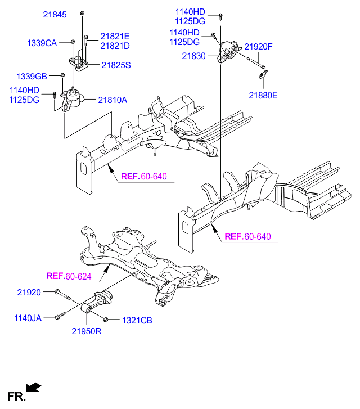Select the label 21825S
115,65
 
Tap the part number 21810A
112,100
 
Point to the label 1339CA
42,42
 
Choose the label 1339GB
31,76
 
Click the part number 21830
194,56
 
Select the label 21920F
258,47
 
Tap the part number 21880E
263,95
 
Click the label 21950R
85,331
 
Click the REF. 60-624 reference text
68,276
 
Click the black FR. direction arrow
34,386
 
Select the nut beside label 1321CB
107,320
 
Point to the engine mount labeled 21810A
73,101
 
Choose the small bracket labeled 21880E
267,74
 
